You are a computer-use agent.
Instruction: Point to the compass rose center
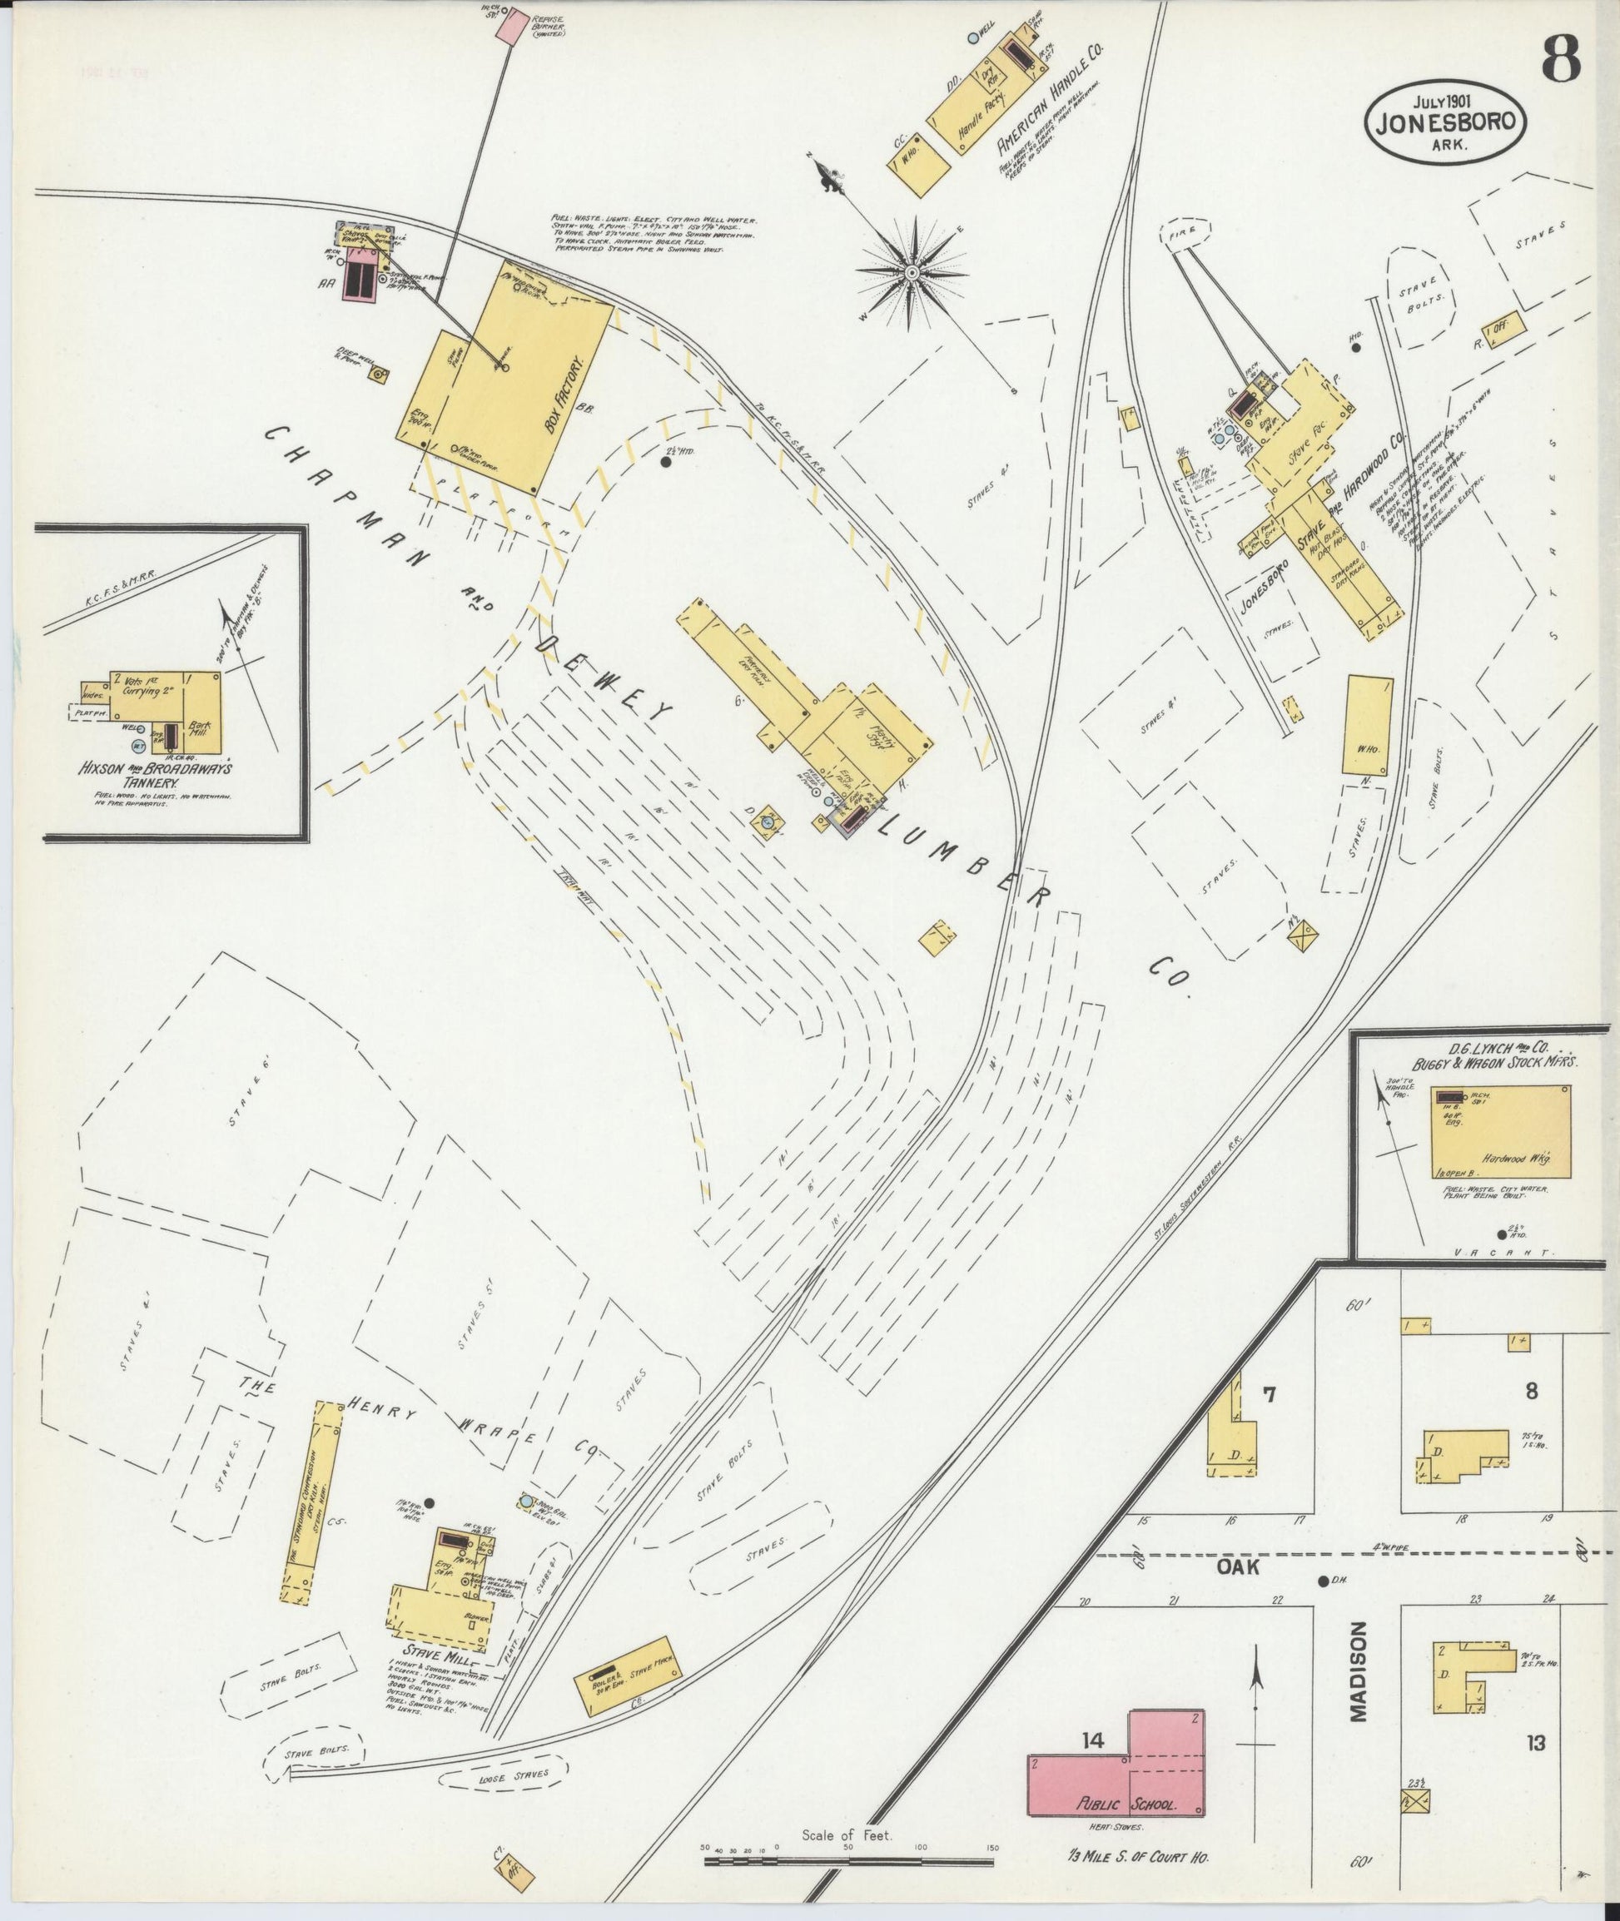point(912,273)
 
